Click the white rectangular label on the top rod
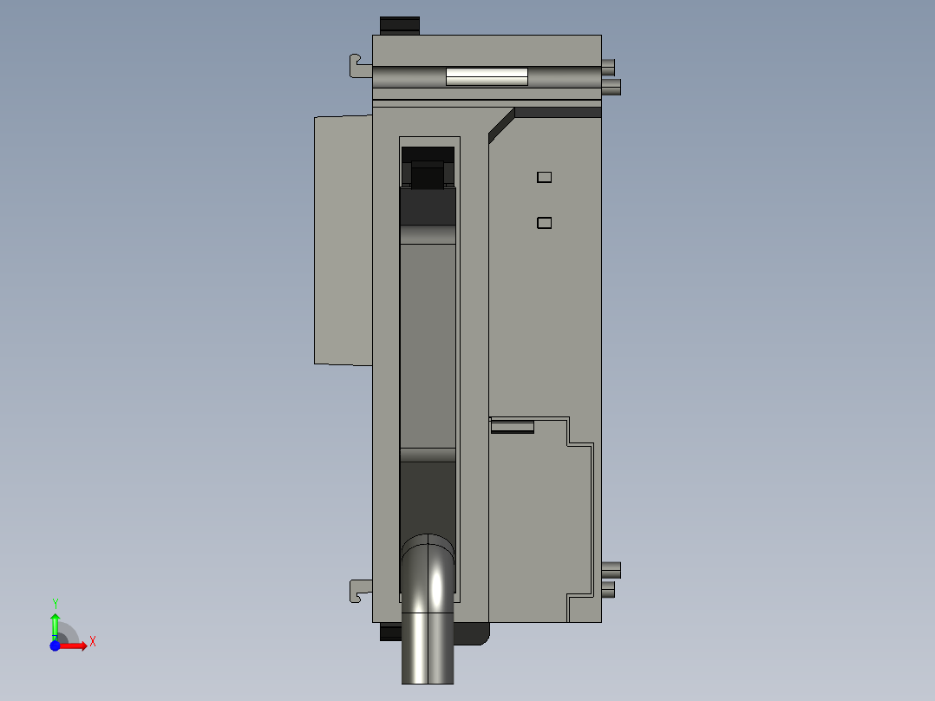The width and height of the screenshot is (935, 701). coord(487,77)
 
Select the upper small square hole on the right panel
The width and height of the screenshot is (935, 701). coord(544,177)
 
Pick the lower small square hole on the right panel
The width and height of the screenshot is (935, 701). coord(544,223)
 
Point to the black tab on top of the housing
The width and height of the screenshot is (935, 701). coord(400,25)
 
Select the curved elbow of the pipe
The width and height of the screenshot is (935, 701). coord(428,564)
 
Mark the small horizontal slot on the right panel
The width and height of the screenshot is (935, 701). coord(513,426)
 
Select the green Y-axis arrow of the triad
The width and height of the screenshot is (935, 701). coord(55,623)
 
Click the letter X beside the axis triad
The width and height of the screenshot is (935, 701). coord(92,642)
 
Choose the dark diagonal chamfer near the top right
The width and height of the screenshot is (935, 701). coord(500,126)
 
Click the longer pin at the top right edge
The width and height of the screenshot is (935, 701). coord(611,87)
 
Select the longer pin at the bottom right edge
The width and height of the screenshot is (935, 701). coord(611,570)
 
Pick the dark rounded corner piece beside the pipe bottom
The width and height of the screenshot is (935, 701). coord(473,634)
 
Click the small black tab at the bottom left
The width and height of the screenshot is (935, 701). coord(389,632)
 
